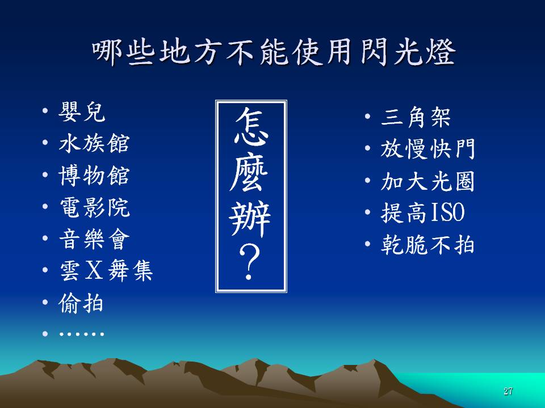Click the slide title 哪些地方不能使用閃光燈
(x=274, y=52)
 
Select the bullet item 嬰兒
(x=82, y=112)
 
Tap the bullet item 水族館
(x=94, y=143)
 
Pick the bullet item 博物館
(x=94, y=175)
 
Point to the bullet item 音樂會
(x=94, y=239)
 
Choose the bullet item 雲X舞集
(x=106, y=271)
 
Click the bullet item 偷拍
(x=81, y=303)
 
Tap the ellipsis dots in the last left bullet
(x=82, y=334)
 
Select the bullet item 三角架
(x=416, y=117)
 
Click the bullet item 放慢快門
(x=427, y=149)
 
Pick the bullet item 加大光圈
(x=427, y=181)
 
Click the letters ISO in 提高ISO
(x=447, y=212)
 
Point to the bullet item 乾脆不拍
(x=427, y=245)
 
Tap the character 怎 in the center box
(x=251, y=126)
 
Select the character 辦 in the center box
(x=250, y=219)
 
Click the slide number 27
(x=508, y=391)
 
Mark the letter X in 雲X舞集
(x=94, y=271)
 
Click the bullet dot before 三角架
(x=367, y=116)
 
